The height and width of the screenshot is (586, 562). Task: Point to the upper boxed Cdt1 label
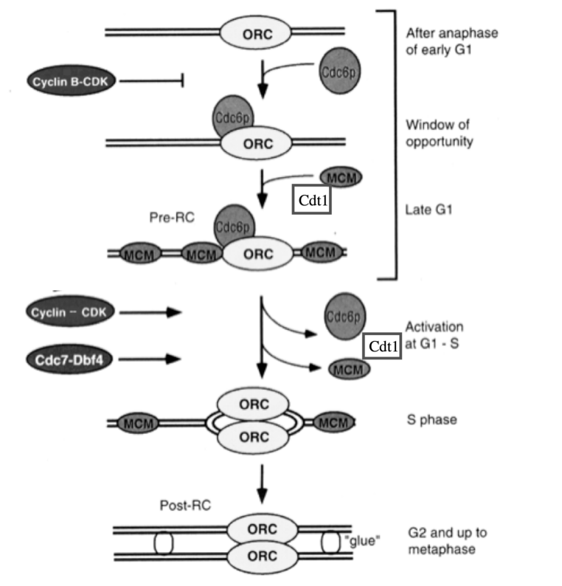(x=311, y=199)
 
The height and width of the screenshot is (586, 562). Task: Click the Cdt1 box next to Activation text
(x=382, y=345)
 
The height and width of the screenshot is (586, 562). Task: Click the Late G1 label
(x=428, y=209)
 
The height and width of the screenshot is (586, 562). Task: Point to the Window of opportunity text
(x=438, y=133)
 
